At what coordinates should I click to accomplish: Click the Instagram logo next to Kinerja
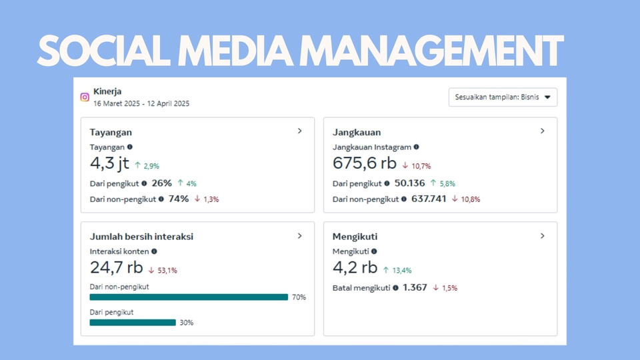(x=85, y=97)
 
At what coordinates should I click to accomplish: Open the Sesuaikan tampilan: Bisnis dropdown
(x=503, y=97)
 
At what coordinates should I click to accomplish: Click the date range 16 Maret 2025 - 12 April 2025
(x=141, y=104)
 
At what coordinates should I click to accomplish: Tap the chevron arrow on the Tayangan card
(x=299, y=131)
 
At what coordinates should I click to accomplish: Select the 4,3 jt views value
(x=109, y=163)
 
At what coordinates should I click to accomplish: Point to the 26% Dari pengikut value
(x=161, y=183)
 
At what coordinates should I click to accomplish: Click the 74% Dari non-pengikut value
(x=179, y=199)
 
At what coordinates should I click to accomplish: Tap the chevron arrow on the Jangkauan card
(x=542, y=131)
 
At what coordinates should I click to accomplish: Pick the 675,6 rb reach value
(x=364, y=163)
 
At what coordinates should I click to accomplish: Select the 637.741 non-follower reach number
(x=429, y=199)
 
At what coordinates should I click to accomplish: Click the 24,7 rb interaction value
(x=116, y=267)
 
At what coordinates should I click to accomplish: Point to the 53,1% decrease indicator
(x=163, y=270)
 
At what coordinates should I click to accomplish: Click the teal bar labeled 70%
(x=189, y=297)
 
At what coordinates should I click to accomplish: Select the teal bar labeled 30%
(x=133, y=323)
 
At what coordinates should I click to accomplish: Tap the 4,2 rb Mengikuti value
(x=355, y=267)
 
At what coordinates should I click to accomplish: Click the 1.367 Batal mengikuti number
(x=415, y=288)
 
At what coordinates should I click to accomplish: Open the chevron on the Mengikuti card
(x=542, y=235)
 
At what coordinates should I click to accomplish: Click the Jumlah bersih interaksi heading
(x=141, y=236)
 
